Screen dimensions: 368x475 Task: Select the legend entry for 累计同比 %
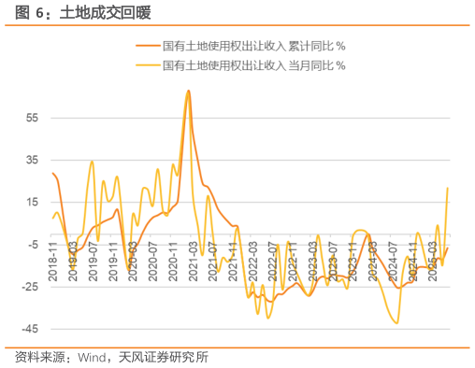253,46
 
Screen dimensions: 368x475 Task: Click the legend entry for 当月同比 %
253,65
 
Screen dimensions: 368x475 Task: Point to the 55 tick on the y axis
33,118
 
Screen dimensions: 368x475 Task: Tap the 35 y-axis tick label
33,160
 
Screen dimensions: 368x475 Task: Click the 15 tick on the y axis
33,203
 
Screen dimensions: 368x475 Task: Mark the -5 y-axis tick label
33,245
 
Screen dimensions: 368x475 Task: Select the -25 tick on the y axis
31,287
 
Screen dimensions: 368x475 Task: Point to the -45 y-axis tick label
31,329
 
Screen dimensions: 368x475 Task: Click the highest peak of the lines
188,91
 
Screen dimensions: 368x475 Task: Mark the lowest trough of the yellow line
397,323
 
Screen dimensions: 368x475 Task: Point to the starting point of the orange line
52,173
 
